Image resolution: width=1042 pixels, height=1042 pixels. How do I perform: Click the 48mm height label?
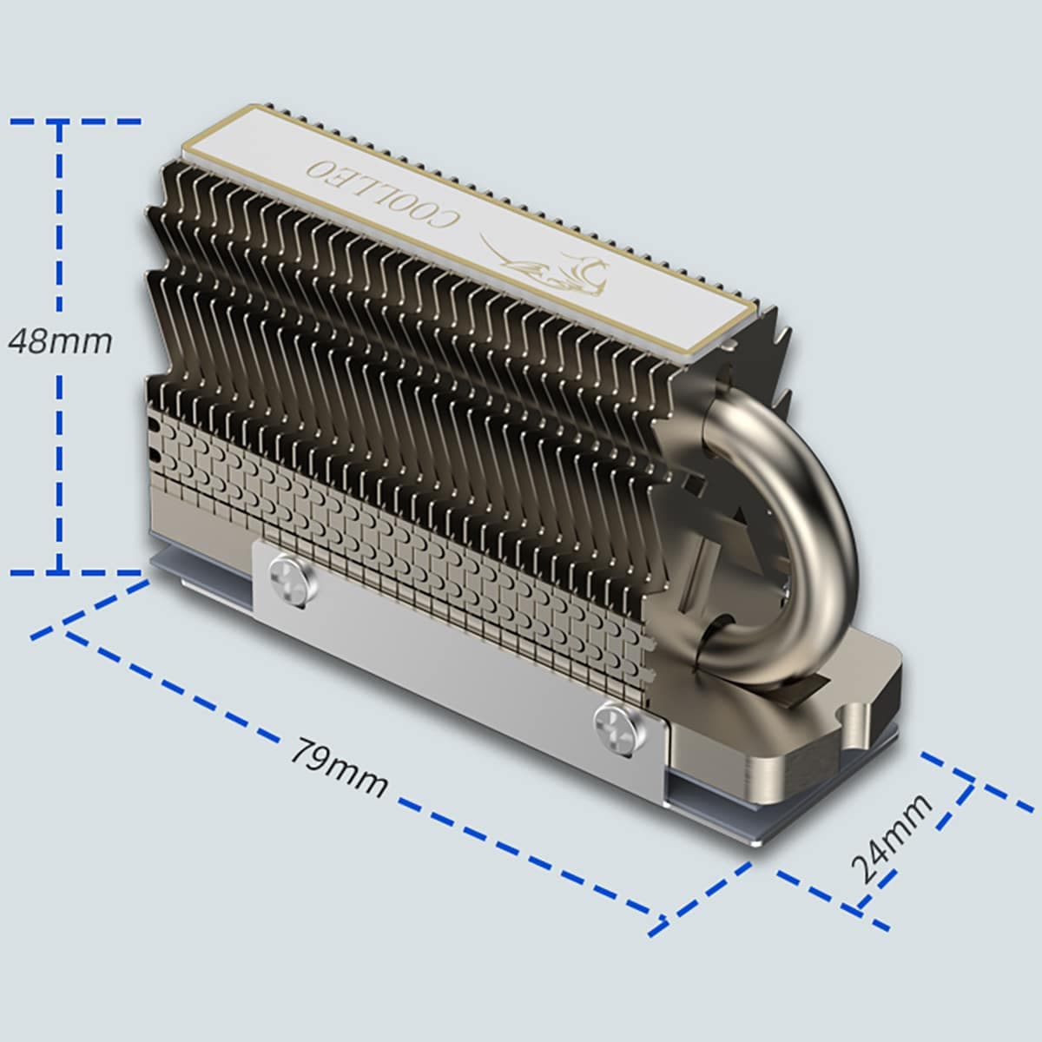60,341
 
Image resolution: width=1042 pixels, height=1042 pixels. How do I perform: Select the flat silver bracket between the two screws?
452,647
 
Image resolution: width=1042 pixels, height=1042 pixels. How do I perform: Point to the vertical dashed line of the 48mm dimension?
59,452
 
